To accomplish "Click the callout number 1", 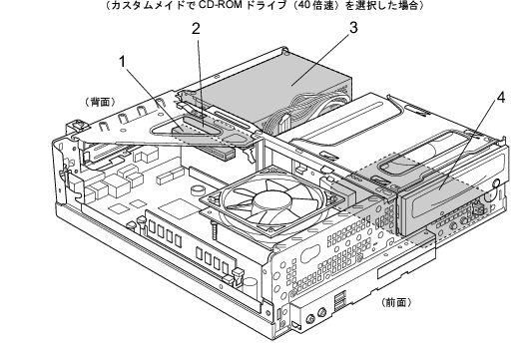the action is (123, 62).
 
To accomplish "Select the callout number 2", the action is (196, 29).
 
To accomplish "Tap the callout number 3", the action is (353, 28).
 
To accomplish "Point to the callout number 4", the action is (501, 98).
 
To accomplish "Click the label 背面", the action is (101, 102).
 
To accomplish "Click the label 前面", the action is (396, 302).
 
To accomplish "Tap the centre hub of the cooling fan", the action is (272, 201).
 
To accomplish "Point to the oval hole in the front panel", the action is (310, 253).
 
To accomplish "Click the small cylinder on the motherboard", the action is (197, 189).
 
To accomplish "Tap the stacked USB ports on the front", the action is (339, 300).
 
